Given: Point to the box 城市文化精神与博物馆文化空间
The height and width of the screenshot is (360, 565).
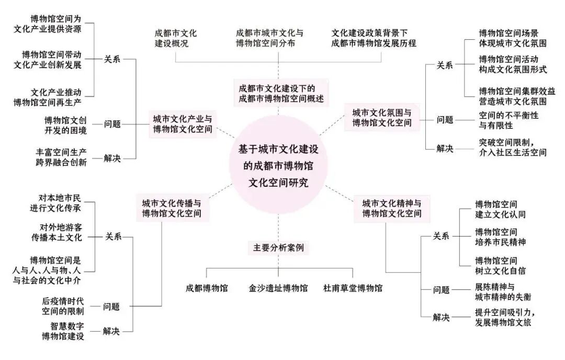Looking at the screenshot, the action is [x=392, y=208].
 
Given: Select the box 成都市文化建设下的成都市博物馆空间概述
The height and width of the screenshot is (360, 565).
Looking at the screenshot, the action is [x=277, y=93].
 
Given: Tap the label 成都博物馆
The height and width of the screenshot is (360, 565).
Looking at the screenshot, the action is [x=207, y=288].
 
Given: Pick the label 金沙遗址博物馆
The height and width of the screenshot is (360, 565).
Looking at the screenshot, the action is [x=278, y=288].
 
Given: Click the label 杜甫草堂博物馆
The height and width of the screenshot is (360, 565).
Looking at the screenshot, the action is [x=353, y=288].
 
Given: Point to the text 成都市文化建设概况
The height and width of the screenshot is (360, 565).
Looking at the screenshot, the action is [x=175, y=38].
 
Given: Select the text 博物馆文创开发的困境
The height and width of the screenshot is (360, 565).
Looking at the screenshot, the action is [x=65, y=125].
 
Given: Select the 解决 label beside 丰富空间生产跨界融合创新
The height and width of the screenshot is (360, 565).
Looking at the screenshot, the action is [x=112, y=158].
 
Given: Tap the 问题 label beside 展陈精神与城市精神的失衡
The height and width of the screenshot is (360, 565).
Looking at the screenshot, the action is [x=441, y=290].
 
